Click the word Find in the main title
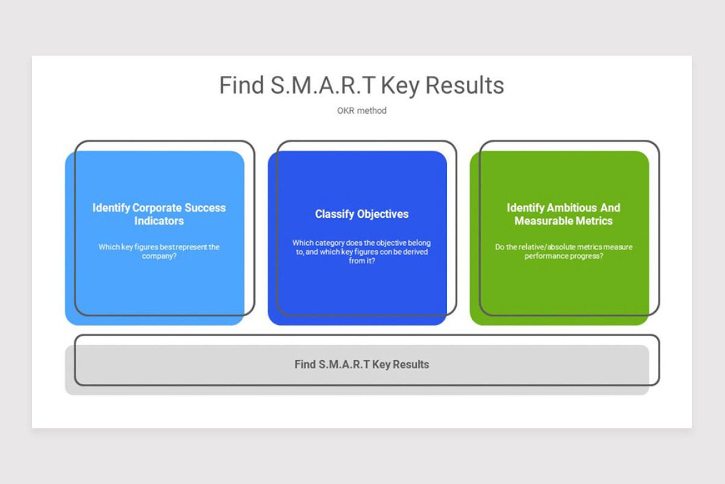coord(242,85)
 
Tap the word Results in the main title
coord(465,85)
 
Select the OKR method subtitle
coord(362,111)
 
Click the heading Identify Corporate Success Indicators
coord(159,214)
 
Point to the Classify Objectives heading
coord(362,214)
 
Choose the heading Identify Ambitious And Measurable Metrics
coord(564,214)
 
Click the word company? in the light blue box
coord(159,256)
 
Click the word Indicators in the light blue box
coord(159,221)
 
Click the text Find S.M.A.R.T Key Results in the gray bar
coord(362,364)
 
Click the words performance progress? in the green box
coord(564,256)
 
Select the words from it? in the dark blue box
coord(362,261)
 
